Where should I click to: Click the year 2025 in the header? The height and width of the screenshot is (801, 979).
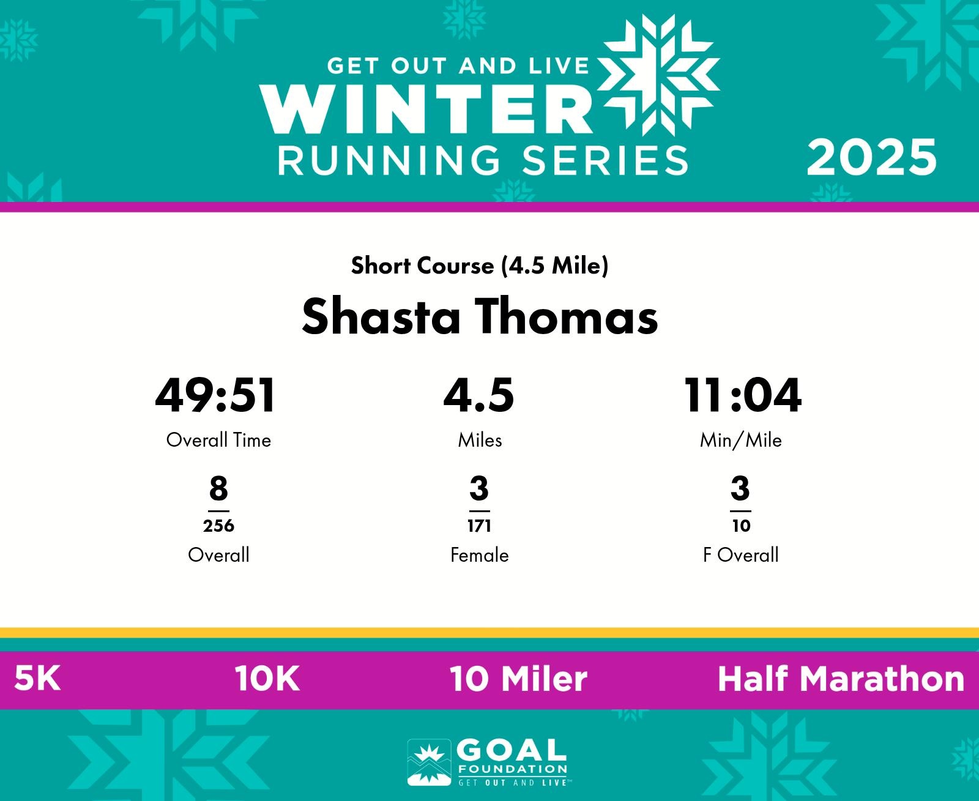(x=871, y=158)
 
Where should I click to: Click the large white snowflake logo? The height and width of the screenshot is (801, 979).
(x=658, y=75)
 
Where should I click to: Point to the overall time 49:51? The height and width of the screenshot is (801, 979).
(x=215, y=395)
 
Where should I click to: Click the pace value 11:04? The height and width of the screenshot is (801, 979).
(x=743, y=395)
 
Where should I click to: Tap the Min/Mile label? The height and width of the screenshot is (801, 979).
(x=741, y=440)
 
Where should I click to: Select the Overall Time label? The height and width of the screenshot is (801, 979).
(x=218, y=440)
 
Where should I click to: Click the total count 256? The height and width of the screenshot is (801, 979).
(x=218, y=526)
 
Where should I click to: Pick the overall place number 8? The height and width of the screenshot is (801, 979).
(x=218, y=488)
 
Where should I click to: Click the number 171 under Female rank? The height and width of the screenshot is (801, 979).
(x=480, y=526)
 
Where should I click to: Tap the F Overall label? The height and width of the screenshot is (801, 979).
(x=741, y=555)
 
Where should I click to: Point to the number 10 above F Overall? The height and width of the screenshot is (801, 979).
(x=742, y=526)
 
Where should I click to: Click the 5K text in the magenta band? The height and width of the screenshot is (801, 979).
(x=37, y=679)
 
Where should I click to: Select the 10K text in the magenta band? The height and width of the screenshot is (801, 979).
(x=267, y=679)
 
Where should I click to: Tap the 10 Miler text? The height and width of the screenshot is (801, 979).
(x=518, y=679)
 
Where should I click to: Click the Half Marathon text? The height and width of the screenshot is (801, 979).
(x=841, y=679)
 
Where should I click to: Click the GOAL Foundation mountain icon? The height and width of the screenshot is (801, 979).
(x=430, y=762)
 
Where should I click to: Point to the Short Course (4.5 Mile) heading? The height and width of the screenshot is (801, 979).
(x=480, y=266)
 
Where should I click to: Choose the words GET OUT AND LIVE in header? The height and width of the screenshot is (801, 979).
(x=458, y=66)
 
